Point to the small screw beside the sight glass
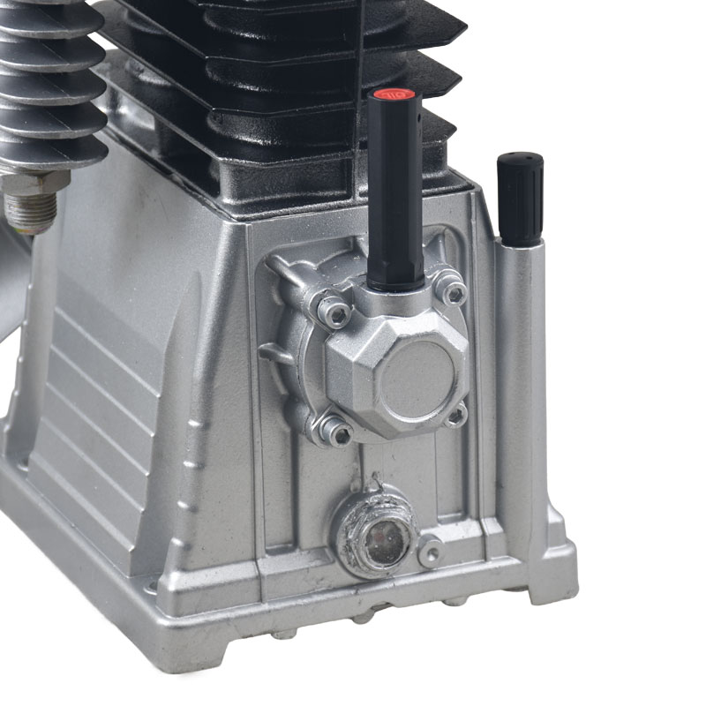point(430,553)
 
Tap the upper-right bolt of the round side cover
point(453,290)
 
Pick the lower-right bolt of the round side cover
point(455,413)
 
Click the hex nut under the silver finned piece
point(37,184)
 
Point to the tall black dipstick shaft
point(393,194)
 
